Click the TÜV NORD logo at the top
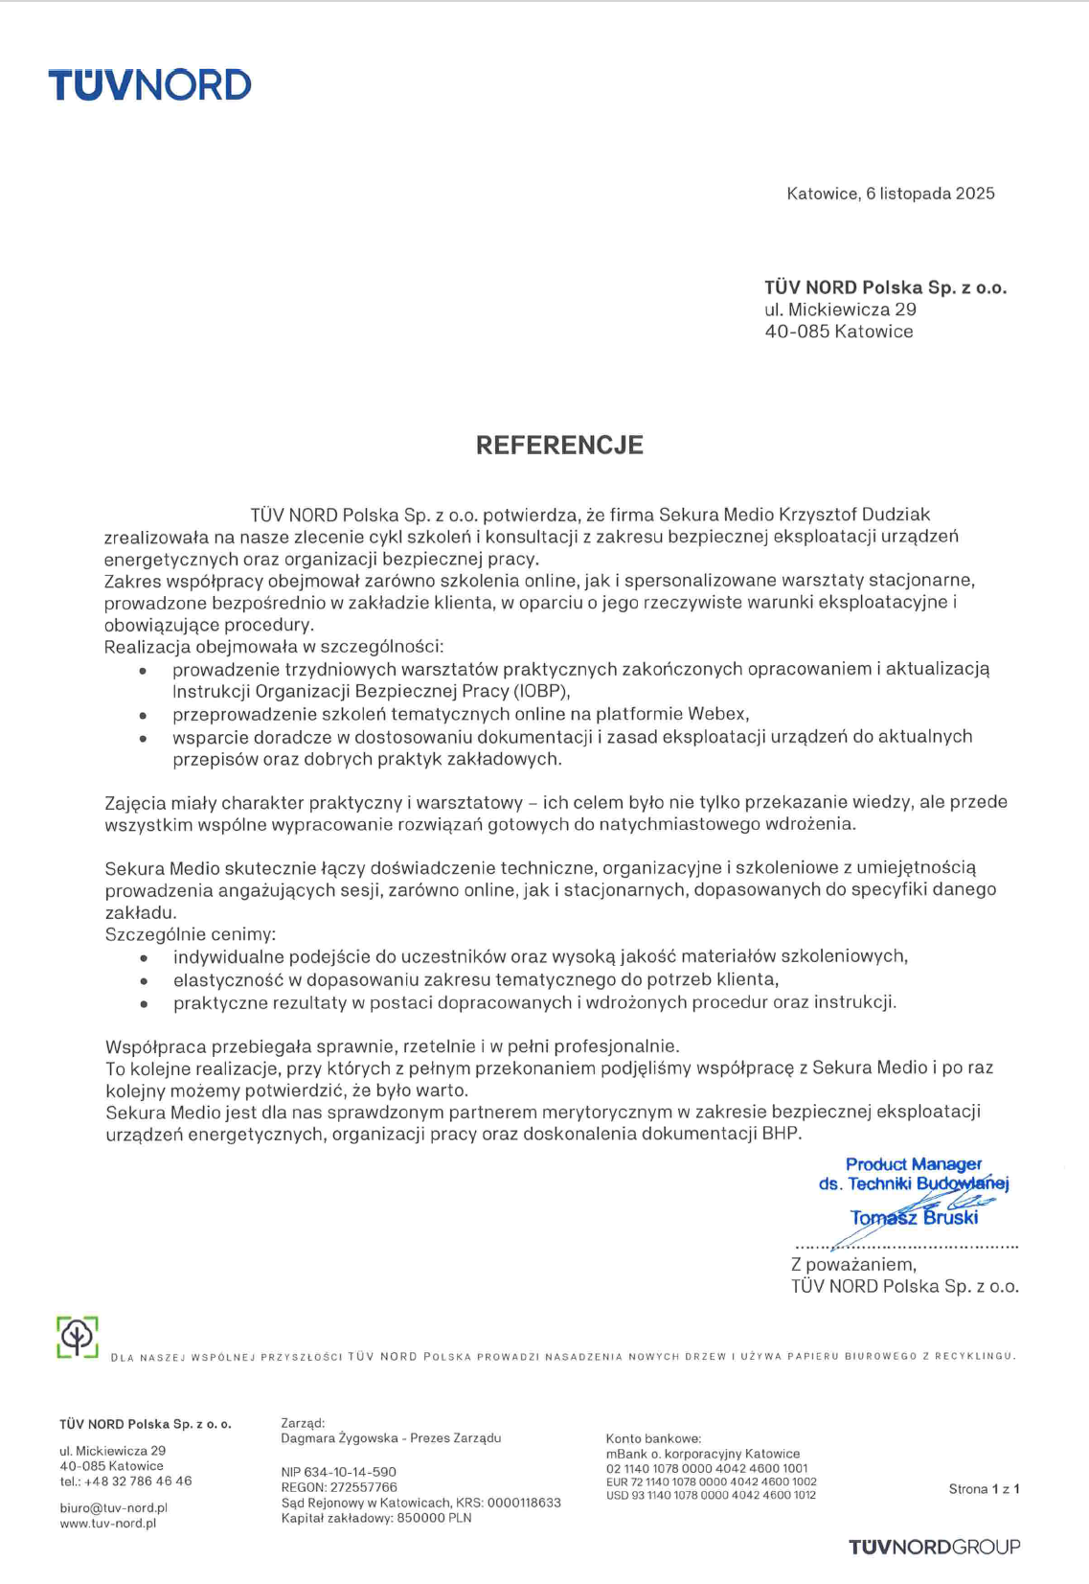click(149, 85)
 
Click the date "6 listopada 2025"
click(930, 194)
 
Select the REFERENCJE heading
click(559, 445)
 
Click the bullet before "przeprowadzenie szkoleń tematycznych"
click(144, 716)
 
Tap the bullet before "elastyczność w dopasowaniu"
click(144, 981)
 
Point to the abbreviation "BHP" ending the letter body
click(781, 1134)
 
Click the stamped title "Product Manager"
click(913, 1164)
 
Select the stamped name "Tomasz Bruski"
click(914, 1218)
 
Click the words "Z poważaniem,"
click(853, 1265)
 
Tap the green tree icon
click(78, 1337)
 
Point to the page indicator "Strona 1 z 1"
click(984, 1489)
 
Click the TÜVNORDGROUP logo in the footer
click(934, 1547)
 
